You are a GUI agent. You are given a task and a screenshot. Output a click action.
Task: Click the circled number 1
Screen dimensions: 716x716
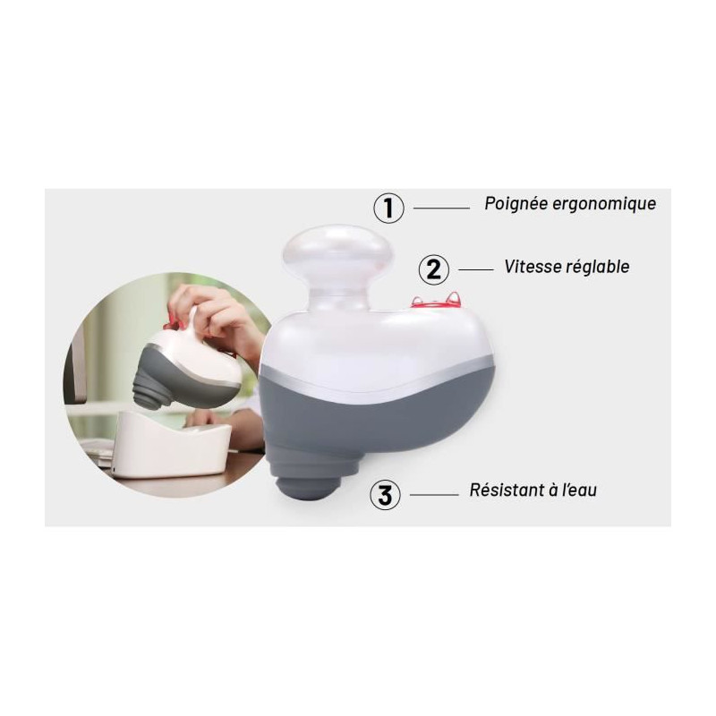tap(388, 208)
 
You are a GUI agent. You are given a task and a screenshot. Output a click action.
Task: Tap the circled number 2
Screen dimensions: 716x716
tap(434, 269)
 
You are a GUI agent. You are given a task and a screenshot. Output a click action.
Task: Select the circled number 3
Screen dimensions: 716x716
tap(385, 495)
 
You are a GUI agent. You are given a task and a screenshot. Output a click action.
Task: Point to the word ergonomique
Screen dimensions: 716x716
tap(604, 205)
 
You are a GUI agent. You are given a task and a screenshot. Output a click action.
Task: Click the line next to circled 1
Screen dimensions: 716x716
tap(441, 209)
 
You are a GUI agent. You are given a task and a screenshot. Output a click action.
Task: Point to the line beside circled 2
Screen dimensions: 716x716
tap(476, 269)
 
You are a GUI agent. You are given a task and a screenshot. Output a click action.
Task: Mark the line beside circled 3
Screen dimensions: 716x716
tap(434, 495)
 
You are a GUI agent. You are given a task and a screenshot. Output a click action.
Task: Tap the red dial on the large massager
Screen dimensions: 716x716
tap(435, 302)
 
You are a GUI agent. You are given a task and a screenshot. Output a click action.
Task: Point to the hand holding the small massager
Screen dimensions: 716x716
tap(215, 311)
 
